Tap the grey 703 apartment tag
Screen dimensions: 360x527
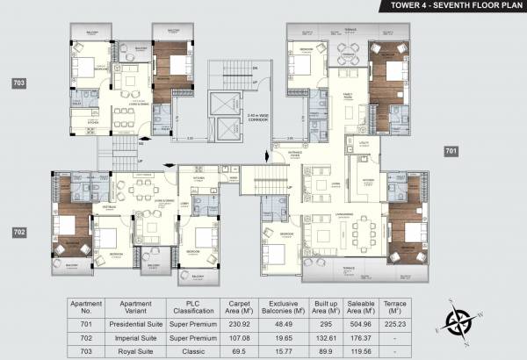coord(18,83)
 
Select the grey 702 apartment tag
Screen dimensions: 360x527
coord(18,233)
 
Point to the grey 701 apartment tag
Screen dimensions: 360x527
coord(451,151)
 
